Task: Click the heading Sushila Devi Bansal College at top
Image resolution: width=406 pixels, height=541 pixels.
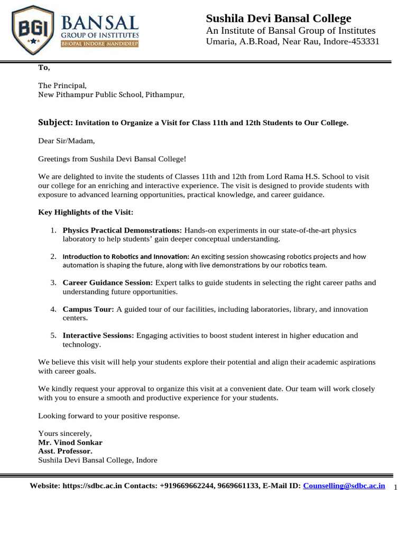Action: [x=278, y=18]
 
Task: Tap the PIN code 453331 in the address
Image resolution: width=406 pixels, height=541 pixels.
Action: [x=363, y=42]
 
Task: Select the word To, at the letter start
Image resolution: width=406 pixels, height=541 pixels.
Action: [x=44, y=67]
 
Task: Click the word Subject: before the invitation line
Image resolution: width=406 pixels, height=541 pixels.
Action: [x=56, y=122]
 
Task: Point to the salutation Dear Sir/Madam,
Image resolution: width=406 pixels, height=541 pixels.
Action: [x=67, y=141]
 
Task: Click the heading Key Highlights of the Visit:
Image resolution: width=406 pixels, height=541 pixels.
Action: [x=86, y=212]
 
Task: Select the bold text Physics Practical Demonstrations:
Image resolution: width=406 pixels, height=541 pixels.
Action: [x=122, y=230]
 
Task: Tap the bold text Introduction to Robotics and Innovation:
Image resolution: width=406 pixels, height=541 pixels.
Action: [x=126, y=256]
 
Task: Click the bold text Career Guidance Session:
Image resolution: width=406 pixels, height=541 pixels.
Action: [x=108, y=283]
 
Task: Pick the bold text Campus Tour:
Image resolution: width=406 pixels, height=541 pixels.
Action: [x=88, y=309]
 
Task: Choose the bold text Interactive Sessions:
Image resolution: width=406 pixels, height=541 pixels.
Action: [x=98, y=335]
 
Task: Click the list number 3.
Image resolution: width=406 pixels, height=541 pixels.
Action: [x=53, y=283]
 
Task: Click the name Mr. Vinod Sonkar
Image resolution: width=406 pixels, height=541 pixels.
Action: [x=70, y=442]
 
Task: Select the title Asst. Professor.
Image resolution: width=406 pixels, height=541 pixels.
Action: [x=65, y=451]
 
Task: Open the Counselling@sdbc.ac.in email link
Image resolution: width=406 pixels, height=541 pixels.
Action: [x=344, y=486]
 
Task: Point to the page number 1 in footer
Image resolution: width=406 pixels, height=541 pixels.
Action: [x=396, y=488]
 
